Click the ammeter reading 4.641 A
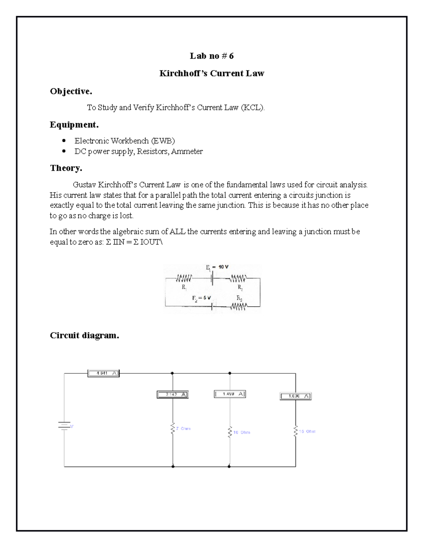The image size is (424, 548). [103, 373]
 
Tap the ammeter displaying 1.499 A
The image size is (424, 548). [230, 394]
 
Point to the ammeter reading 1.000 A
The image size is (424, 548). [296, 396]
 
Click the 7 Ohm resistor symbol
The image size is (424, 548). [172, 429]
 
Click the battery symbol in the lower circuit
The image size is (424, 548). [64, 426]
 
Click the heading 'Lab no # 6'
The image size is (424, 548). [212, 56]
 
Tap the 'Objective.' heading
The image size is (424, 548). [71, 91]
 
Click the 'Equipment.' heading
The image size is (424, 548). [74, 125]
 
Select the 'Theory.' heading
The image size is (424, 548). [66, 168]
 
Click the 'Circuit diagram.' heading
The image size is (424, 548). [84, 335]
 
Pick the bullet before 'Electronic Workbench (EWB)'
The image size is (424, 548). [64, 141]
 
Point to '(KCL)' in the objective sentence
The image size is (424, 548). [252, 107]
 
